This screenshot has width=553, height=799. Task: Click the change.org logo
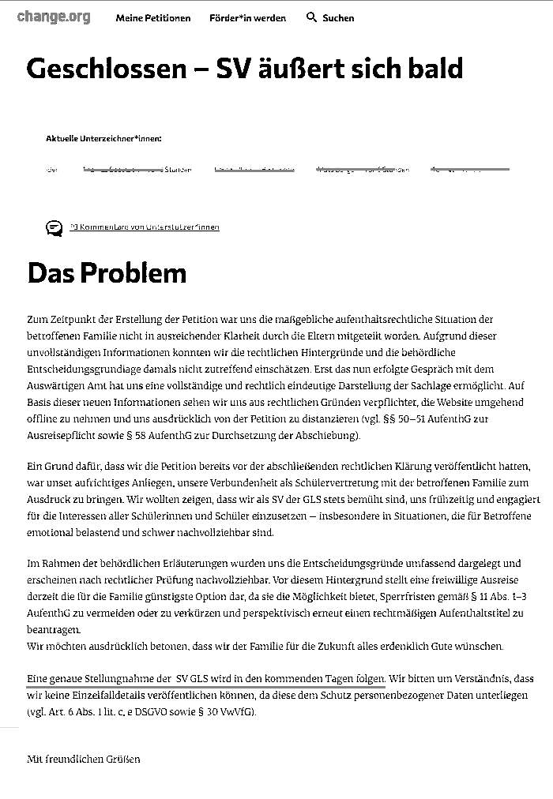pos(54,17)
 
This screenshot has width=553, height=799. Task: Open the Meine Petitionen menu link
pos(152,18)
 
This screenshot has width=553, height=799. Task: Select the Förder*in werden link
pos(247,18)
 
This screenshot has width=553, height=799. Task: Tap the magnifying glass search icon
pos(311,17)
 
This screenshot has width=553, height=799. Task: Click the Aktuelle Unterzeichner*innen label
pos(103,139)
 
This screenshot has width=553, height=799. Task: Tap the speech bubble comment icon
pos(54,228)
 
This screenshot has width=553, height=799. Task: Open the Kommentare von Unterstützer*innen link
pos(145,227)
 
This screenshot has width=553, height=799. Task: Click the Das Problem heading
pos(107,272)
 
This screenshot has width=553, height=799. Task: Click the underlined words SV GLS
pos(194,679)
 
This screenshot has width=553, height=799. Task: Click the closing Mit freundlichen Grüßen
pos(83,760)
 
